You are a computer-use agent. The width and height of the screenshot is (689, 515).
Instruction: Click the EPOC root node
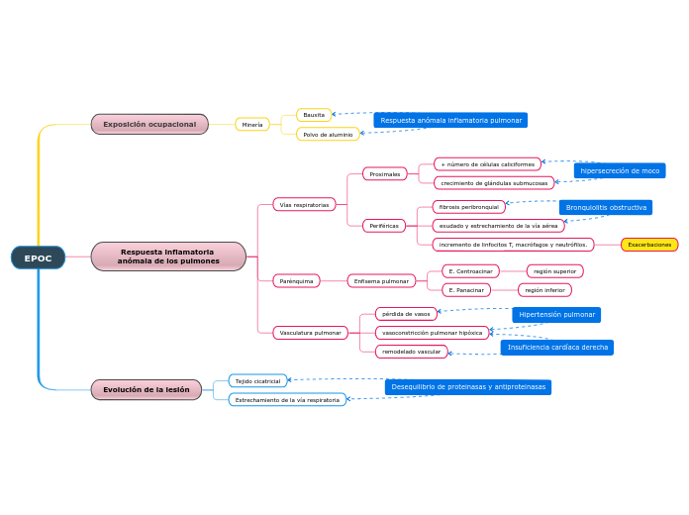38,257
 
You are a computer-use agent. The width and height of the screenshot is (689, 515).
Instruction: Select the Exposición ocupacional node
149,124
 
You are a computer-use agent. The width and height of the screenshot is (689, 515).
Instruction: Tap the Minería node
252,125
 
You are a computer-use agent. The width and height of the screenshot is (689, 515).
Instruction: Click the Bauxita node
314,115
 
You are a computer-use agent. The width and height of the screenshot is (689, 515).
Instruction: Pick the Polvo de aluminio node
328,134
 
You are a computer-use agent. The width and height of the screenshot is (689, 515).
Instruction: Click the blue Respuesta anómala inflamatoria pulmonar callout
450,120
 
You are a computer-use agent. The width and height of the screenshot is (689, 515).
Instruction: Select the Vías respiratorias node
304,204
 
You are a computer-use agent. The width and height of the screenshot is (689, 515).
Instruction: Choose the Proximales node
384,174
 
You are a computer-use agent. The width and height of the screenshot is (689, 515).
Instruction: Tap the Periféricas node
383,226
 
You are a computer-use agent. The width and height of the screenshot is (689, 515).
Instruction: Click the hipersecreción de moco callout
620,170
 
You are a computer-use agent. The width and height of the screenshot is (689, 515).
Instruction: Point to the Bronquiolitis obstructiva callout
606,207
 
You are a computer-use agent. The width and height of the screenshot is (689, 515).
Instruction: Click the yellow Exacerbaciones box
649,245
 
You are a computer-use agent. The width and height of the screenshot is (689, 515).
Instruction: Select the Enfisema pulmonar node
381,281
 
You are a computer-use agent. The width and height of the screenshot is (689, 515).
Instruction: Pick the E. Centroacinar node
470,271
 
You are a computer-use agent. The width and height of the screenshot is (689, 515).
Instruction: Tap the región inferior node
544,290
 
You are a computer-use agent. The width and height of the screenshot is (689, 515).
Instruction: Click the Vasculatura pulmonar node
310,333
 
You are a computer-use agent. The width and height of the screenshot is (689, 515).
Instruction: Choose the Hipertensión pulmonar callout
556,315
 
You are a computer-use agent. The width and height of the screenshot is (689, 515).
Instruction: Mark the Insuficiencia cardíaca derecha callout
557,348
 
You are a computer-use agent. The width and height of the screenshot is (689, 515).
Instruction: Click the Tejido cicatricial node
257,380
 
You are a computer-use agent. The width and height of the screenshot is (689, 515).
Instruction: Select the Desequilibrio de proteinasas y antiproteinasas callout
468,387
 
